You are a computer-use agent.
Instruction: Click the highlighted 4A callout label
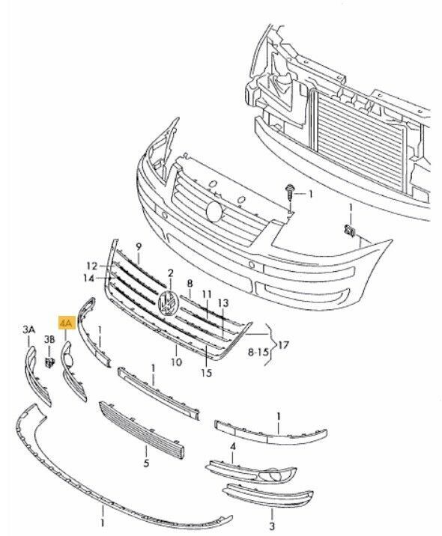(x=67, y=323)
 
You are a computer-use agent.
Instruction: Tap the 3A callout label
(x=29, y=330)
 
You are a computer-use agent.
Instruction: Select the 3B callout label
(x=49, y=339)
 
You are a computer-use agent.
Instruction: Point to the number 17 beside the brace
(x=282, y=345)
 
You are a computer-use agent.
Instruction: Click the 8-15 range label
(x=258, y=352)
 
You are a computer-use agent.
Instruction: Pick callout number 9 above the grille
(x=139, y=246)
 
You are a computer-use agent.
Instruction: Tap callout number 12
(x=91, y=266)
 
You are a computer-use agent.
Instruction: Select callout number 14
(x=88, y=278)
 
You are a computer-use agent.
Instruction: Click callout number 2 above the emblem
(x=170, y=273)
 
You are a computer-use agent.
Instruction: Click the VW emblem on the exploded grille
(x=169, y=302)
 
